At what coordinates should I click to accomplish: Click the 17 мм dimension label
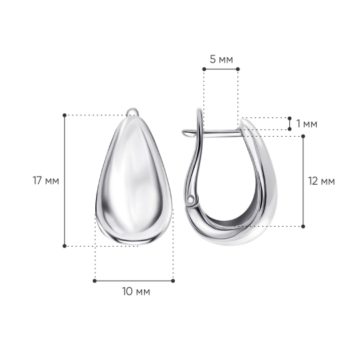(46, 181)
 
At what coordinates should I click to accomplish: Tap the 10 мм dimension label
(136, 291)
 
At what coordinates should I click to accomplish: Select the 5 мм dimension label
(221, 59)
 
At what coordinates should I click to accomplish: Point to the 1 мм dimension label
(307, 124)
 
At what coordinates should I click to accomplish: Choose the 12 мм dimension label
(321, 181)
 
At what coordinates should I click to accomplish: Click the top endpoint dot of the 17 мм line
(65, 115)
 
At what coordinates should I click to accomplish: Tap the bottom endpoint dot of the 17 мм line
(65, 246)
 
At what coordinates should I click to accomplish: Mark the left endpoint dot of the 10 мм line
(95, 281)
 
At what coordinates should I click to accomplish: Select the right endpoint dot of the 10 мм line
(173, 281)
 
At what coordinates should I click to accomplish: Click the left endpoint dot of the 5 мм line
(204, 69)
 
